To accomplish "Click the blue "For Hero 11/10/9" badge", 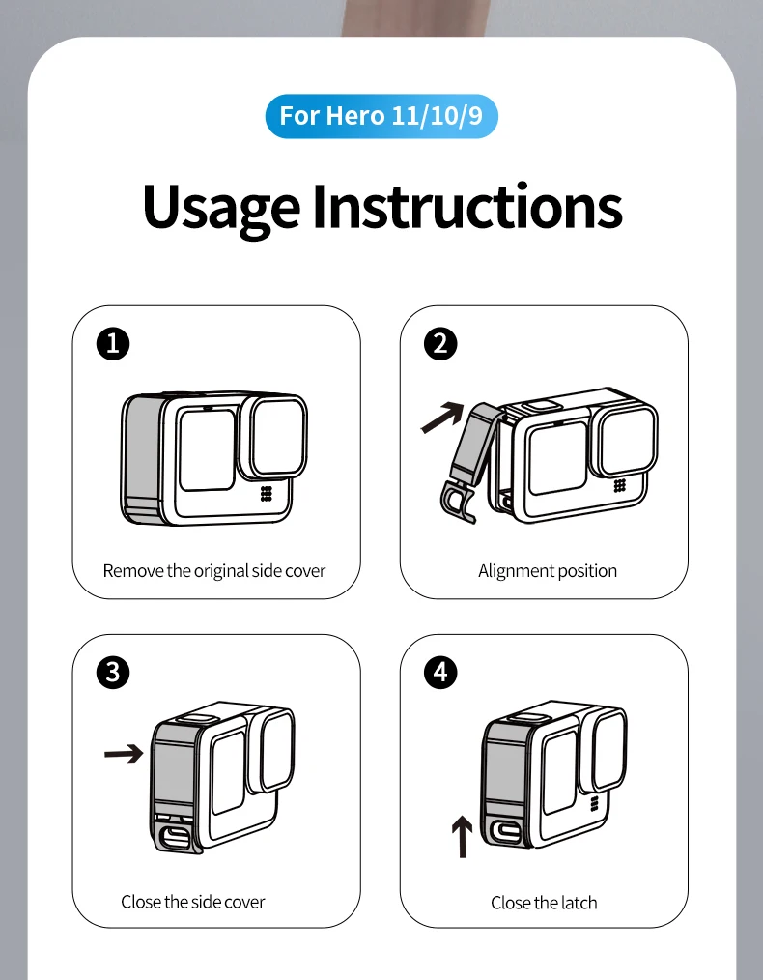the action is tap(381, 116).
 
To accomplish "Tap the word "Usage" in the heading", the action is tap(221, 208).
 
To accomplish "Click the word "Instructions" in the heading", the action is tap(467, 205).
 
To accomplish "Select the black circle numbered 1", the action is tap(113, 344).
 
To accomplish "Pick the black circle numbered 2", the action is tap(440, 344).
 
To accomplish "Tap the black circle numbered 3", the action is tap(113, 673).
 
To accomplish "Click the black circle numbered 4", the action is tap(440, 673).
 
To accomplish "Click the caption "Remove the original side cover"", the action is tap(214, 571).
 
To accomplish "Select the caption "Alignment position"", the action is tap(548, 571).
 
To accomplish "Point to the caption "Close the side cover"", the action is tap(193, 902).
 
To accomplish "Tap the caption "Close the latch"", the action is tap(544, 903).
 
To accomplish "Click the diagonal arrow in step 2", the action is tap(442, 417).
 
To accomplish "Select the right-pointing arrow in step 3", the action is tap(124, 753).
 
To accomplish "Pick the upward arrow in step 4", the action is tap(462, 836).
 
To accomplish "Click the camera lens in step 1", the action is tap(278, 437).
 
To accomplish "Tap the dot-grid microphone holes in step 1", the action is tap(267, 494).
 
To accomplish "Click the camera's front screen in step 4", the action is tap(559, 772).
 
